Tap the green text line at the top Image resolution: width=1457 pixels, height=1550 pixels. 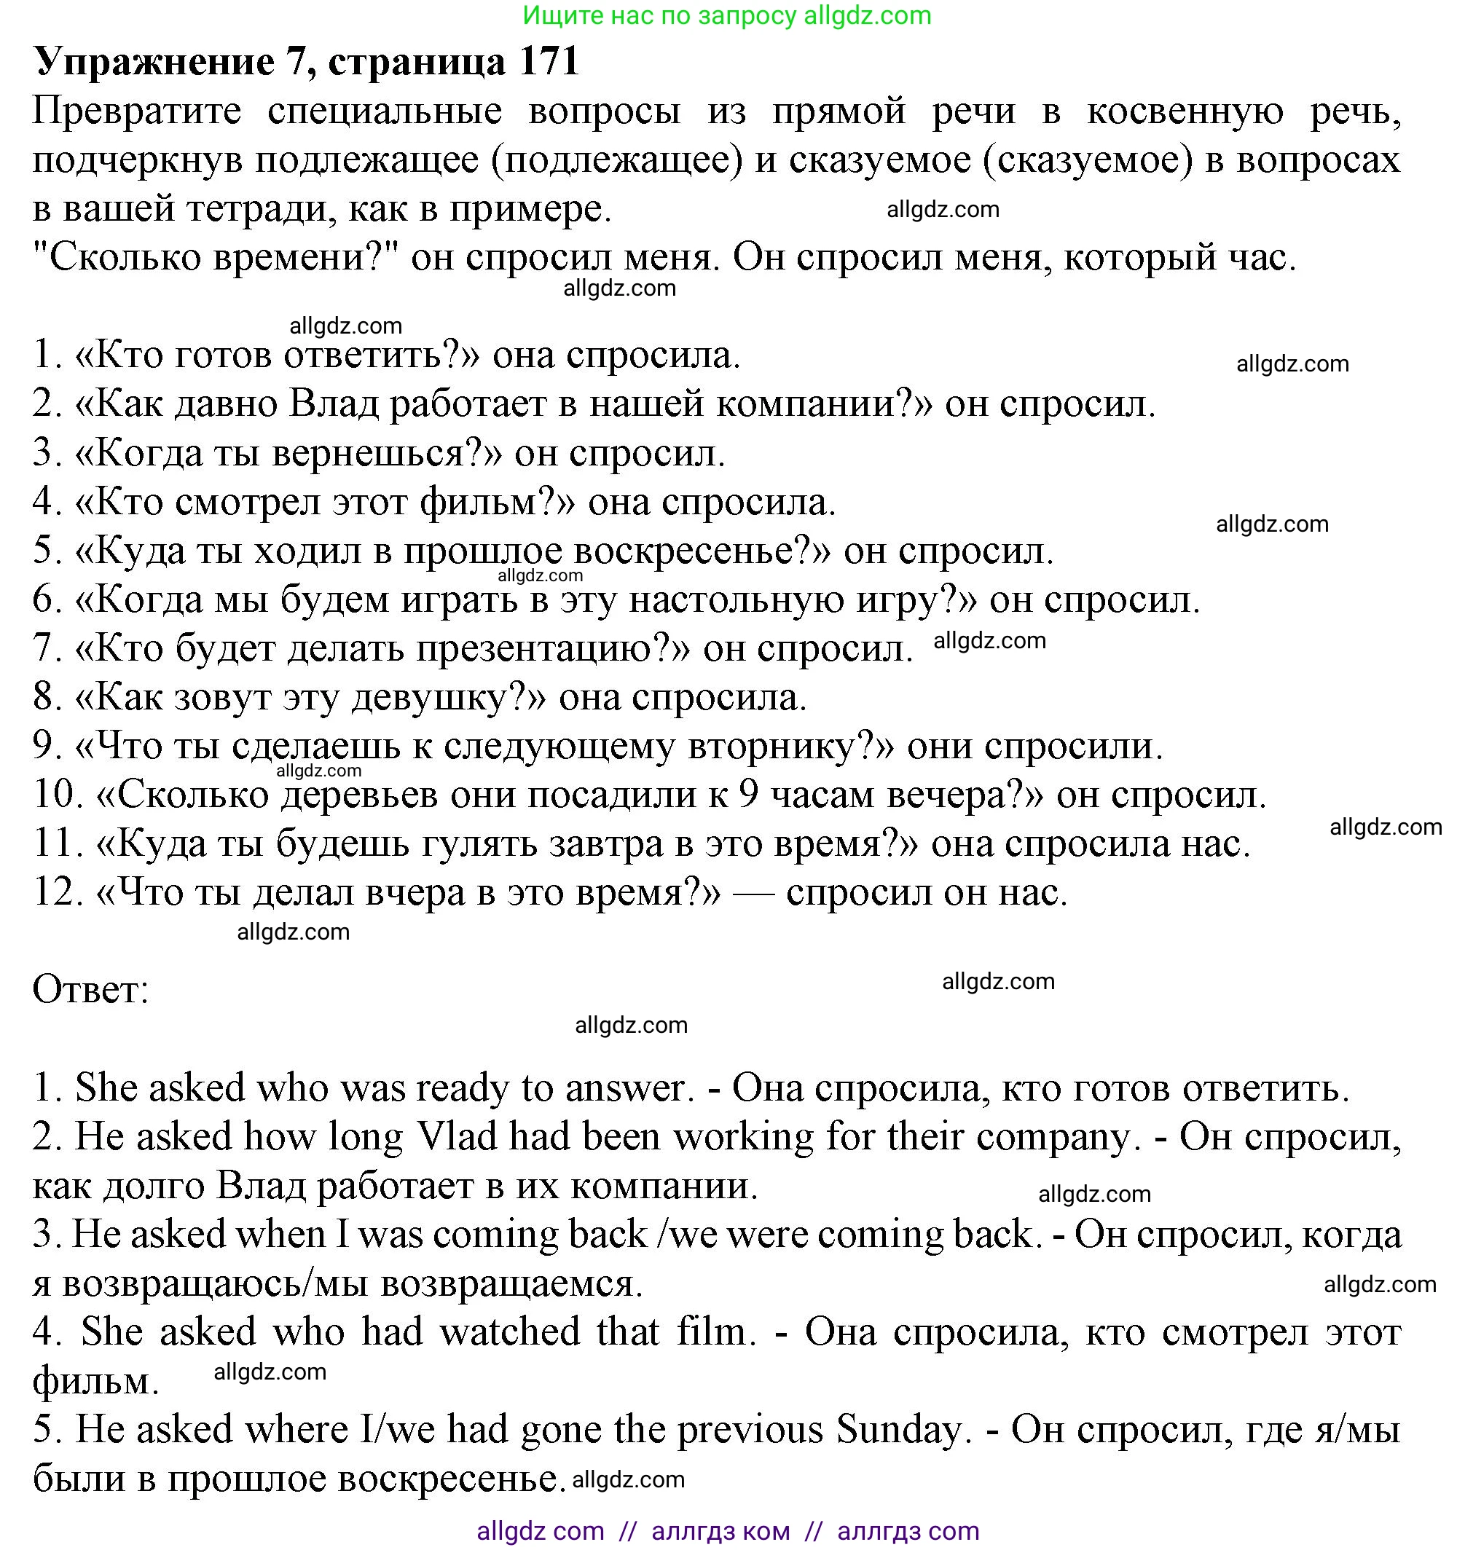(727, 15)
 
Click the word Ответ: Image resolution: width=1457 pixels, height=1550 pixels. (90, 989)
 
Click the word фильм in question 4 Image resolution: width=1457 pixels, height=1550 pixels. (486, 502)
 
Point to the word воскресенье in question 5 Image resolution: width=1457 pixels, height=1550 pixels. (694, 551)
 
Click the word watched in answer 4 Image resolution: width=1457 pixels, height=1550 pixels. (510, 1331)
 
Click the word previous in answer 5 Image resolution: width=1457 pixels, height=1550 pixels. (750, 1430)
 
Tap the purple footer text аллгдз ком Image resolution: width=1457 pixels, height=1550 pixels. (720, 1530)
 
